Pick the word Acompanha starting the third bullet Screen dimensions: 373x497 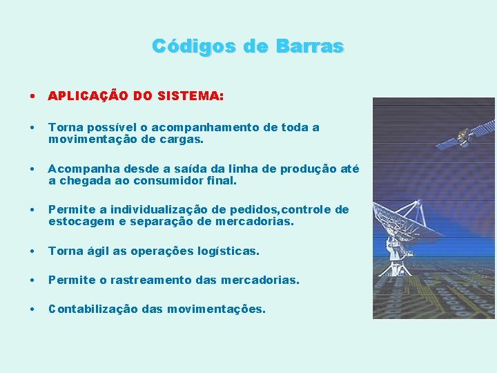tap(80, 169)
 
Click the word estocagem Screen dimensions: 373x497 tap(77, 222)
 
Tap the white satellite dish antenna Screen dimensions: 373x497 tap(407, 221)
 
